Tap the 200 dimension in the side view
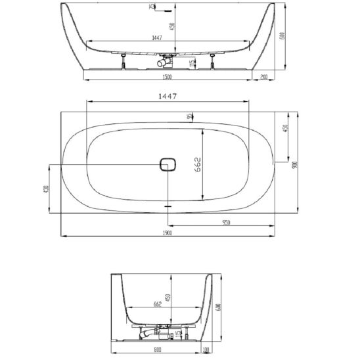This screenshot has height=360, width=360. pos(263,76)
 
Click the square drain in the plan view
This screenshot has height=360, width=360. pos(168,164)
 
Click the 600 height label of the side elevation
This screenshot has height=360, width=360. pos(282,36)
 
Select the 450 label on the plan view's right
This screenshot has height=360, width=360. pos(284,128)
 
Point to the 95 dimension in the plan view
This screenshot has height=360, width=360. pos(189,117)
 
